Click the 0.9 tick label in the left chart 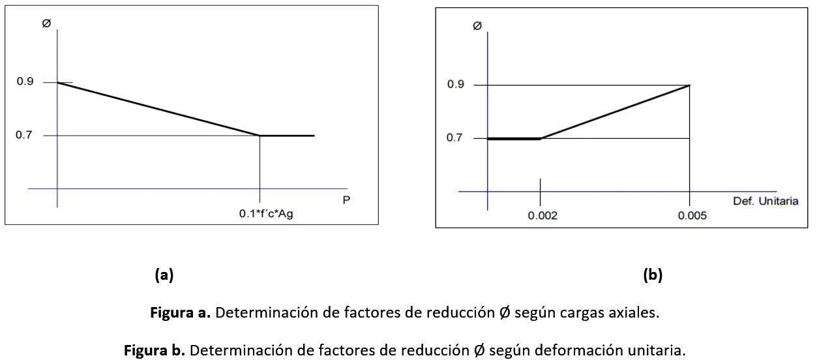[24, 82]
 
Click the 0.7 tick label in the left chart [24, 136]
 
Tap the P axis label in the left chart [346, 200]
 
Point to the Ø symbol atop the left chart [46, 23]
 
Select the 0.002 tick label [542, 216]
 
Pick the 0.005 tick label [691, 216]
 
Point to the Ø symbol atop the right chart [477, 26]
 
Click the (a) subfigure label [164, 275]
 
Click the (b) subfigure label [652, 275]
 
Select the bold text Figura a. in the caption [180, 312]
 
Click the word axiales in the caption [636, 312]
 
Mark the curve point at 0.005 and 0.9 [690, 85]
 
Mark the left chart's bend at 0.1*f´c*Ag [260, 136]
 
